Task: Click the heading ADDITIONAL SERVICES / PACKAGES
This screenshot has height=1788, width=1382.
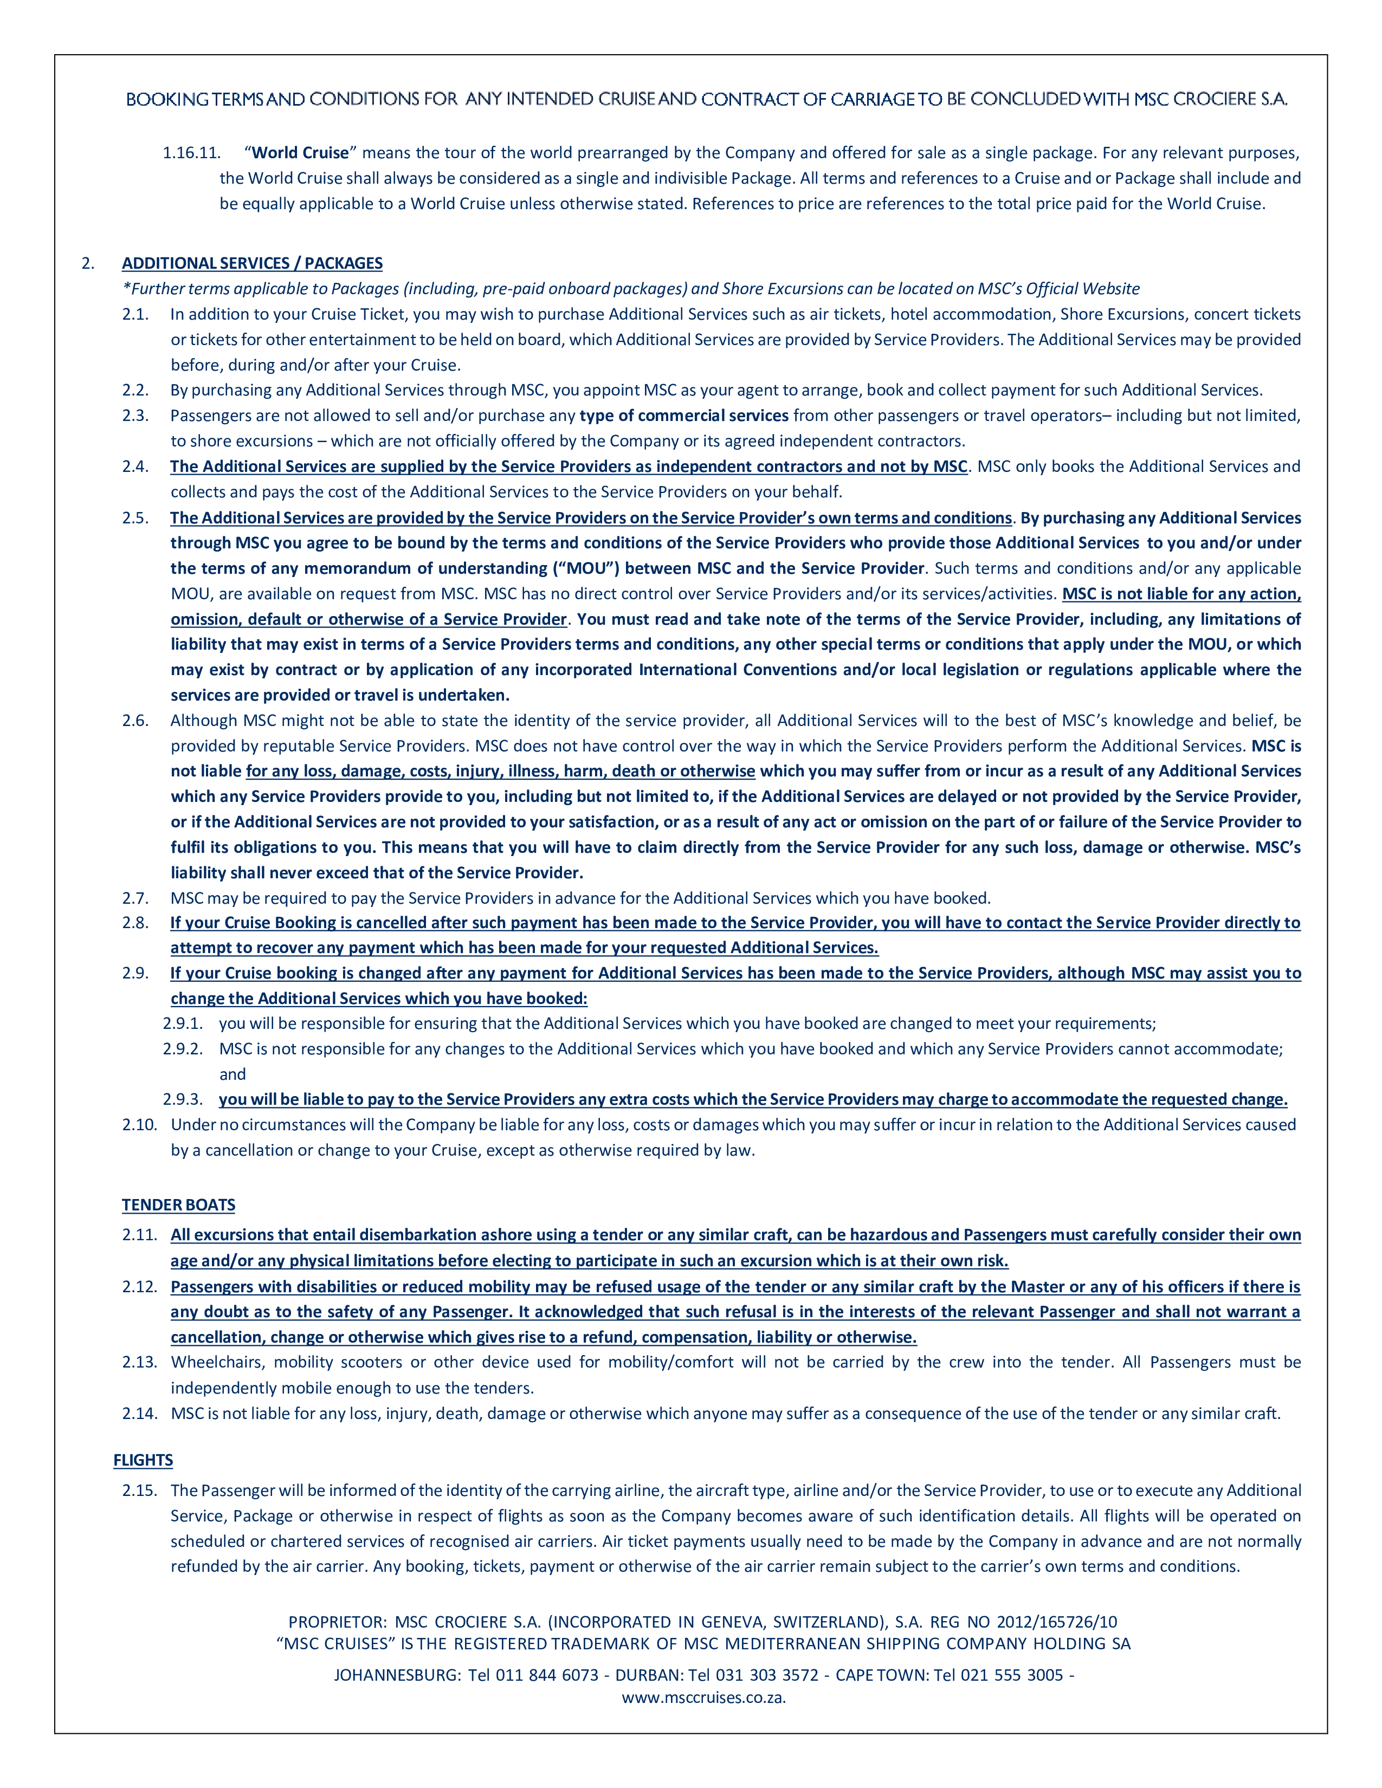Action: (x=252, y=263)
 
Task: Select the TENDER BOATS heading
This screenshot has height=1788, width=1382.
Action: (x=178, y=1204)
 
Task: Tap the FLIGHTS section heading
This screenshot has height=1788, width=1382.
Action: (x=143, y=1460)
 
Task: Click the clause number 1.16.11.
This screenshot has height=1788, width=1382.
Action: (x=191, y=153)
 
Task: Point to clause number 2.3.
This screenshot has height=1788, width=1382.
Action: (x=136, y=415)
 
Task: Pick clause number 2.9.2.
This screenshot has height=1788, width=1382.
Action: (x=183, y=1049)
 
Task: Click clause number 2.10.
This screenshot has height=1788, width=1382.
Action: (x=139, y=1124)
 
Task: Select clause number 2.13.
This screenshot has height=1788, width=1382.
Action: (x=139, y=1362)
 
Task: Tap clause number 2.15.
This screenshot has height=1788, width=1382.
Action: (x=139, y=1490)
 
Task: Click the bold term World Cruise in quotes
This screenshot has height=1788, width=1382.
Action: (x=300, y=153)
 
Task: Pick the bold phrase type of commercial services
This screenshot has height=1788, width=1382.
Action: (x=683, y=415)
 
